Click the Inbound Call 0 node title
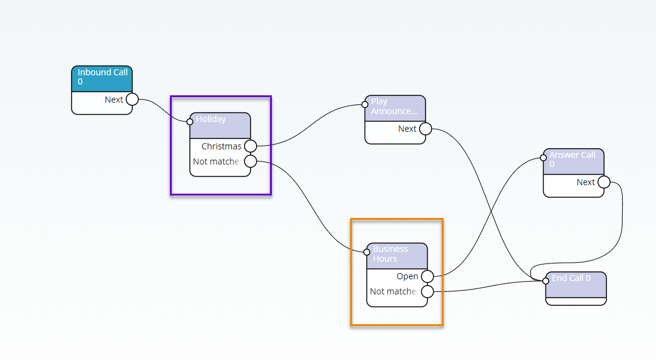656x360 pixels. [102, 77]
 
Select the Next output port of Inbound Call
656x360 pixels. [132, 100]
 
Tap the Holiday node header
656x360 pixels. [220, 124]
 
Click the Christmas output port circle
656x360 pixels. [250, 146]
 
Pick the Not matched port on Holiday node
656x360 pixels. [250, 161]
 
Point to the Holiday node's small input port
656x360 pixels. [190, 121]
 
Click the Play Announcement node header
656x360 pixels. [395, 107]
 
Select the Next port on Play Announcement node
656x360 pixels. [425, 129]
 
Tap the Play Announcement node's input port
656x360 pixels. [365, 104]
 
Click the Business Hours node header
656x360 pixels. [397, 254]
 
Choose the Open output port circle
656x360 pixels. [427, 277]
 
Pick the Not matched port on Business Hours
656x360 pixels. [427, 292]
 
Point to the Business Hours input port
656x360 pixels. [367, 252]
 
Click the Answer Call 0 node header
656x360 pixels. [573, 160]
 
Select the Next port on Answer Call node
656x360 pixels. [604, 182]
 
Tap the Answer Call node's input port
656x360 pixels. [543, 157]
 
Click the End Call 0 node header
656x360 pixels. [576, 283]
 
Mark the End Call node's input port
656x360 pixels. [546, 280]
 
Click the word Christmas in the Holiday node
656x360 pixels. [221, 146]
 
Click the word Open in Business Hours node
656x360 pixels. [407, 277]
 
